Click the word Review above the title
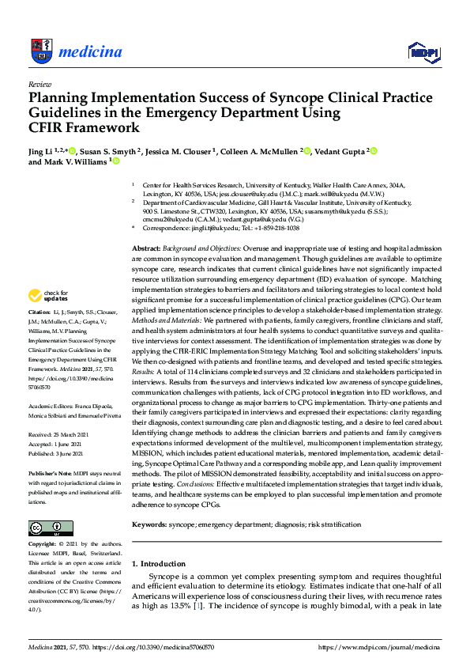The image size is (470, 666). tap(39, 83)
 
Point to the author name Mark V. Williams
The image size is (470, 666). tap(74, 161)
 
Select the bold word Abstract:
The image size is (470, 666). tap(148, 248)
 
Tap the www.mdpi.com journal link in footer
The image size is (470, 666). tap(378, 646)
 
